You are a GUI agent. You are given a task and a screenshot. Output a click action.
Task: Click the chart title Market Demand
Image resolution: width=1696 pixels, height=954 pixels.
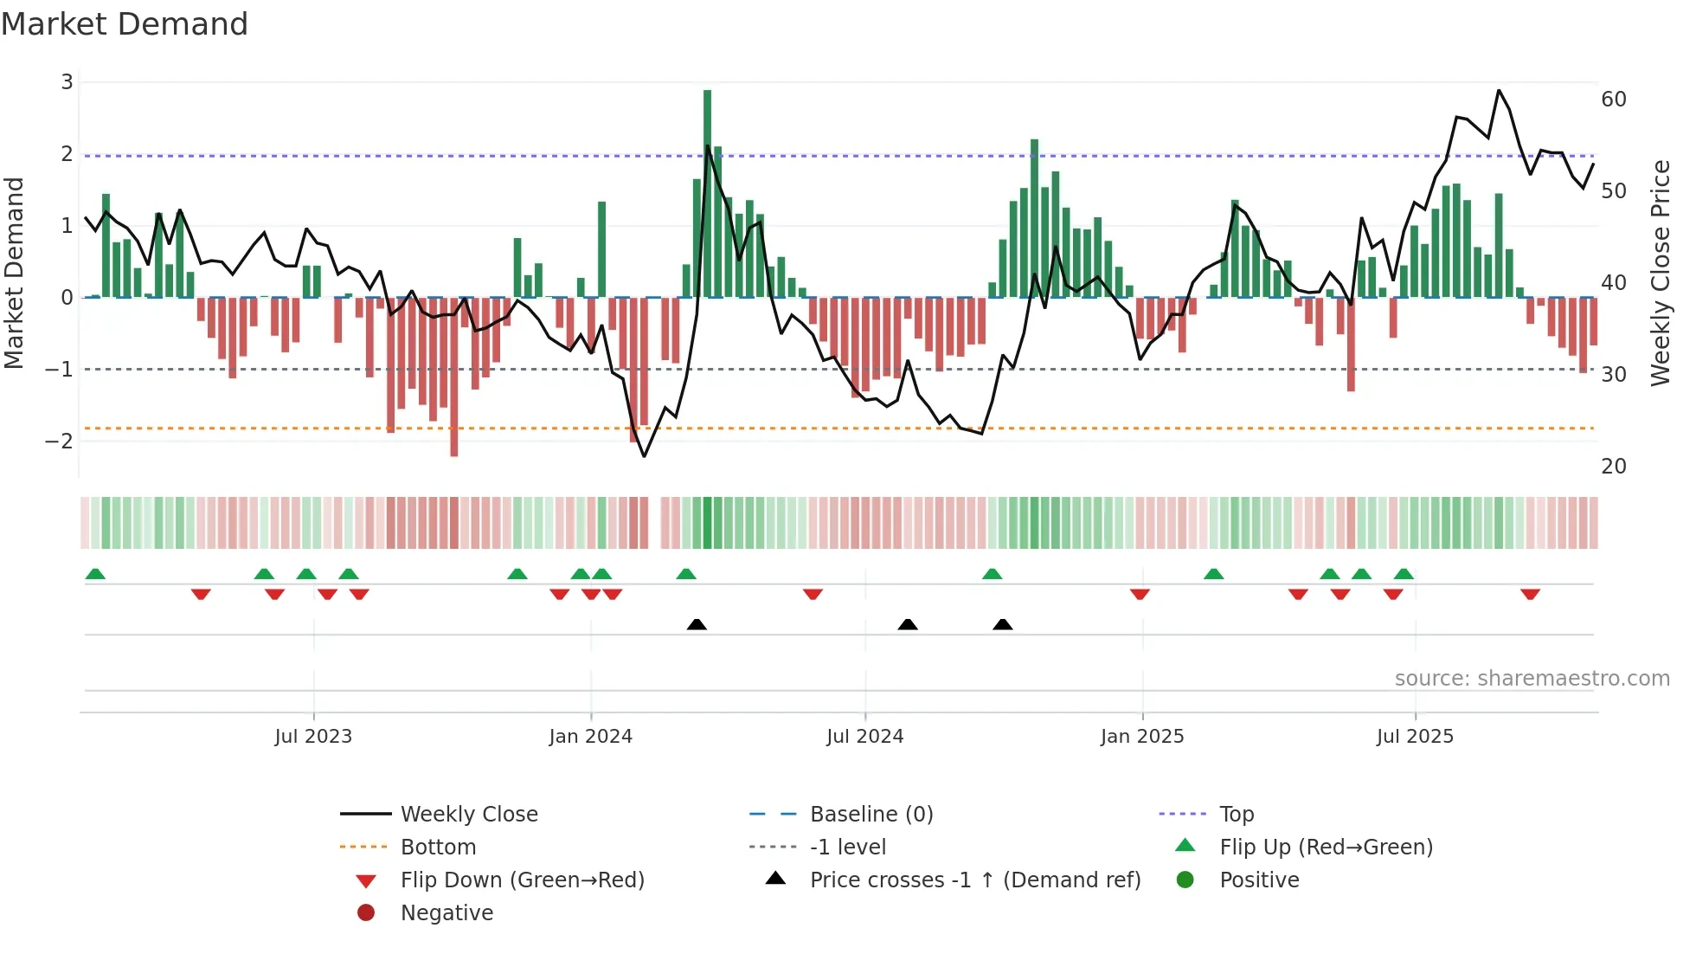coord(125,24)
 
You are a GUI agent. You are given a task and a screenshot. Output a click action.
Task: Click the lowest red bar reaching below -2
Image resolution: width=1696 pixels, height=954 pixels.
coord(453,377)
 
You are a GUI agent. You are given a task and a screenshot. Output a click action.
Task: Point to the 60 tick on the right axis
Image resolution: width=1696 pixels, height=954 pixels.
coord(1613,100)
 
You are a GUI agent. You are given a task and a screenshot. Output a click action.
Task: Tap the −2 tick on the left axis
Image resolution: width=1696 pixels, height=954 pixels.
coord(59,442)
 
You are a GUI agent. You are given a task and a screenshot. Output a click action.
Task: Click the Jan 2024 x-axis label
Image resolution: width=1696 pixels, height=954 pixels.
coord(590,737)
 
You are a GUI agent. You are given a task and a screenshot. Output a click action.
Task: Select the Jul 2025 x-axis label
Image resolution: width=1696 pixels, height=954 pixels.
coord(1415,737)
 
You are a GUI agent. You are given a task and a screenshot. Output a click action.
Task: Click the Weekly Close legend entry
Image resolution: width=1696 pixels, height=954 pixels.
coord(468,815)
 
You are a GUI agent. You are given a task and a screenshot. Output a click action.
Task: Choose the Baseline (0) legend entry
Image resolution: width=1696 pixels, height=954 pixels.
coord(870,815)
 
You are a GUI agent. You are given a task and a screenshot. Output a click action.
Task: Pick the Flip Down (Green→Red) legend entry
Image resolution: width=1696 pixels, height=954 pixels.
coord(522,880)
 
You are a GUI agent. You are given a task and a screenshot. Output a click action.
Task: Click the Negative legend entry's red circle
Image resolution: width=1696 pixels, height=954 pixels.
coord(366,913)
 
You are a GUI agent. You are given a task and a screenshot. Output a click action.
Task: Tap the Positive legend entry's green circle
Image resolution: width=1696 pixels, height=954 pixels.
coord(1185,880)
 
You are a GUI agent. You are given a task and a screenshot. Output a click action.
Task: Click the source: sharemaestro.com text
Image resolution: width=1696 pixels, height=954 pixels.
coord(1532,679)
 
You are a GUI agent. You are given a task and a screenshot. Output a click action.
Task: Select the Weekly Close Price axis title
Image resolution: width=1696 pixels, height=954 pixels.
coord(1660,273)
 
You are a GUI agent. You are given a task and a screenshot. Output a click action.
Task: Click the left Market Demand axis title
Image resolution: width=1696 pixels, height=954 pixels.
coord(14,273)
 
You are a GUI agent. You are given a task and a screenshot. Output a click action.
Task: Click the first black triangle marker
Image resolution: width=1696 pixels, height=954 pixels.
coord(697,624)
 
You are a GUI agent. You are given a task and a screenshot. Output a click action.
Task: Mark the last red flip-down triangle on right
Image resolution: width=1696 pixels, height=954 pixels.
coord(1530,594)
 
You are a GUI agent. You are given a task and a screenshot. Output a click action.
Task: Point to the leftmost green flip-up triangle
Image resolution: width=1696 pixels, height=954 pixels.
coord(95,574)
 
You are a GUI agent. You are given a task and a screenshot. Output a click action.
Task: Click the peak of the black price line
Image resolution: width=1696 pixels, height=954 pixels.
coord(1499,90)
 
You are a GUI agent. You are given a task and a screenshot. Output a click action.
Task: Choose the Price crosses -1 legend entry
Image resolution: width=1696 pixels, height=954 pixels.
coord(974,880)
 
